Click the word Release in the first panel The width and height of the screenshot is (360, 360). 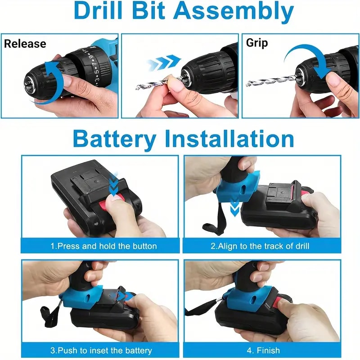pyautogui.click(x=25, y=44)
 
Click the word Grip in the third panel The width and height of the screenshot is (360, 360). pyautogui.click(x=257, y=43)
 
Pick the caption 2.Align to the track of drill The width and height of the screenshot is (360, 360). pyautogui.click(x=260, y=246)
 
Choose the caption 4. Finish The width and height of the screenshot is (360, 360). pyautogui.click(x=260, y=350)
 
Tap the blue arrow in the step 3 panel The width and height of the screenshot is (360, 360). pyautogui.click(x=127, y=297)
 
